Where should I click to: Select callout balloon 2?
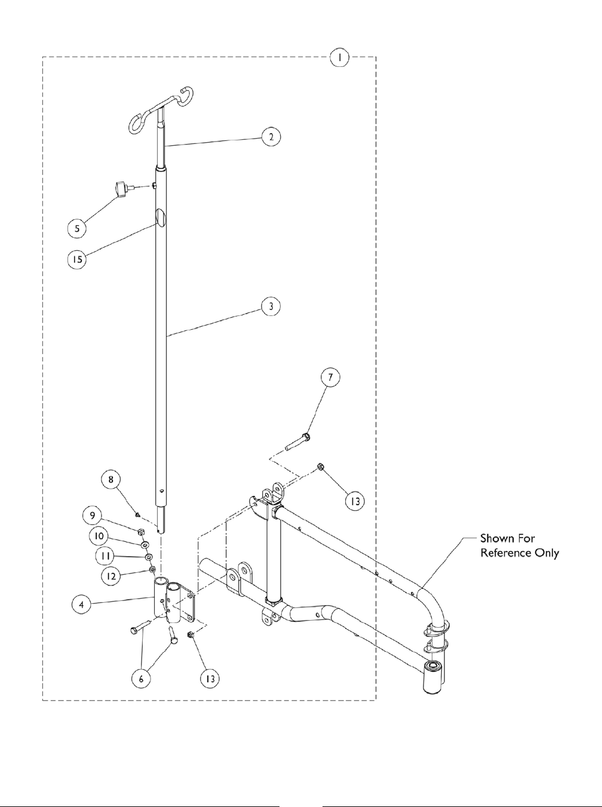[x=271, y=136]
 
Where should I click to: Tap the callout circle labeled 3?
[x=271, y=306]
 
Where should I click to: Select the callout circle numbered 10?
[x=99, y=536]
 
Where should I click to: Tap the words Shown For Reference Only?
[x=520, y=546]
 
